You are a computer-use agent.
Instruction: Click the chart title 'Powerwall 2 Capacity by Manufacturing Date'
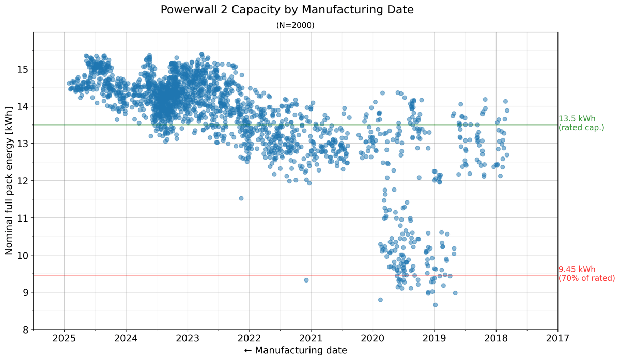pos(287,10)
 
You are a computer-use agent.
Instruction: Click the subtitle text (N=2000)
pos(295,25)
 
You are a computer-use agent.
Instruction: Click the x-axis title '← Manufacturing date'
pos(295,350)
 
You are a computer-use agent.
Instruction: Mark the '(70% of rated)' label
pos(586,278)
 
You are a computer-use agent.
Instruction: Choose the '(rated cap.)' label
pos(581,128)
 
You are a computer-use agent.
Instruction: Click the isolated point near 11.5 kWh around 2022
pos(241,198)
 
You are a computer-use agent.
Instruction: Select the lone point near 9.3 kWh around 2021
pos(306,280)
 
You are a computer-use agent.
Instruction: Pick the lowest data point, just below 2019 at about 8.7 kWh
pos(435,305)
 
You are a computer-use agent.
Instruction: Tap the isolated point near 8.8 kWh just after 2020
pos(380,300)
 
